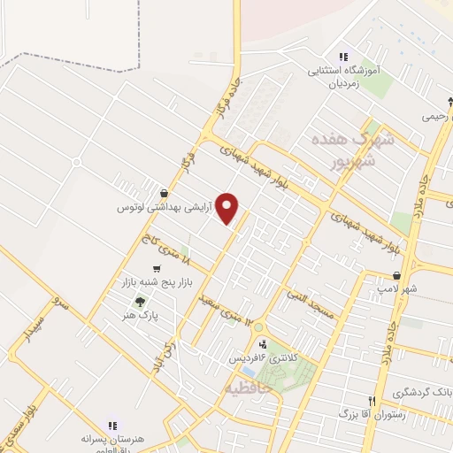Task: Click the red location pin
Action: click(x=228, y=209)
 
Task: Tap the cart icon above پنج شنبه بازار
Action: click(x=157, y=269)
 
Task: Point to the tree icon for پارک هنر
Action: click(x=140, y=302)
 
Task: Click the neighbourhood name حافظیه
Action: click(x=247, y=388)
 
